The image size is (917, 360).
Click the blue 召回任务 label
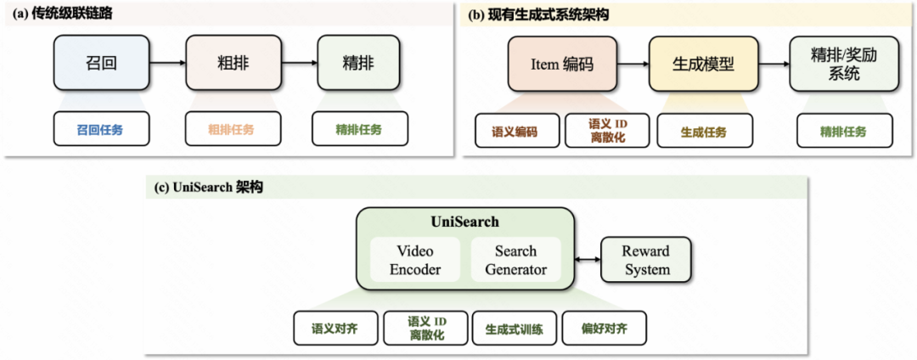pos(100,130)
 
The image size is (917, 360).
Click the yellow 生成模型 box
pos(703,65)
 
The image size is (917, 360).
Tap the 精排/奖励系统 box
pos(842,65)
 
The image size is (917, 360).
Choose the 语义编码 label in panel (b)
pos(515,132)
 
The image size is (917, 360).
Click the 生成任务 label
pos(704,132)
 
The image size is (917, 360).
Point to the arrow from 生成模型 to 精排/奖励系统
pos(772,65)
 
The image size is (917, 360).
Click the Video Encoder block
pos(415,260)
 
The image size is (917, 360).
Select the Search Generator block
pos(515,260)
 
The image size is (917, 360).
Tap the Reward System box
pos(645,260)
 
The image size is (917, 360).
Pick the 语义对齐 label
pos(335,329)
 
